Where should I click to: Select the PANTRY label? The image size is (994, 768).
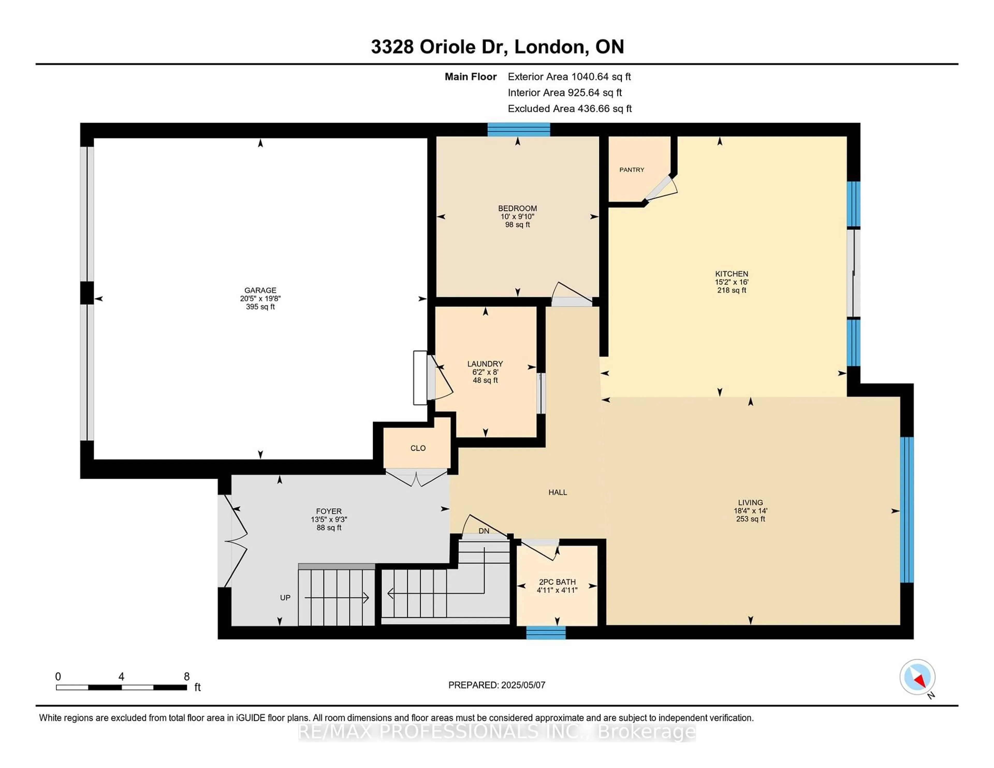pyautogui.click(x=631, y=170)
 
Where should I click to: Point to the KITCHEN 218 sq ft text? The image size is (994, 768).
pyautogui.click(x=731, y=290)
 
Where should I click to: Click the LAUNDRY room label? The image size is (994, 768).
pyautogui.click(x=485, y=364)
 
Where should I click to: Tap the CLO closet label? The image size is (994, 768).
pyautogui.click(x=418, y=448)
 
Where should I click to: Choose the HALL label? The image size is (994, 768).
pyautogui.click(x=558, y=492)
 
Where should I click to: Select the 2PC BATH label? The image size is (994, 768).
pyautogui.click(x=557, y=582)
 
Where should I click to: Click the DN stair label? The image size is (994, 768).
pyautogui.click(x=484, y=531)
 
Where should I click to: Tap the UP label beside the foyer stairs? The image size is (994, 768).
pyautogui.click(x=285, y=598)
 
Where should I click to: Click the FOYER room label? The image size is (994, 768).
pyautogui.click(x=328, y=511)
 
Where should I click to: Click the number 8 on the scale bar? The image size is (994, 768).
pyautogui.click(x=187, y=677)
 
